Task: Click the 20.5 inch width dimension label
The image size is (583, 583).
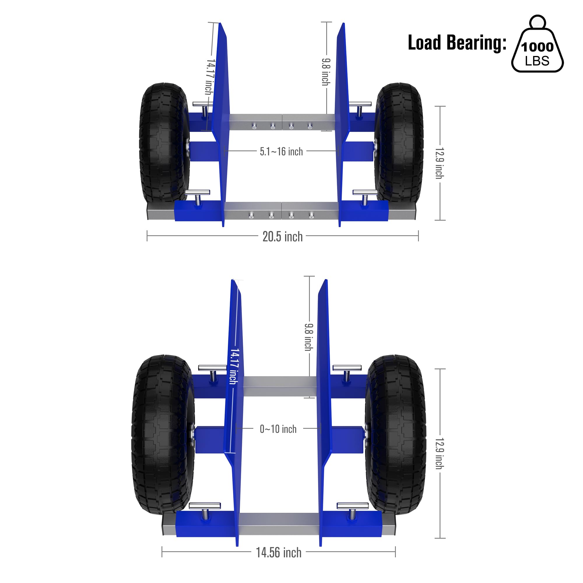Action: click(282, 237)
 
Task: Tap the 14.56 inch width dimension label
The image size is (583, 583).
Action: click(278, 552)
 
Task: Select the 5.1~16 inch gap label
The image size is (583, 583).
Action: click(281, 152)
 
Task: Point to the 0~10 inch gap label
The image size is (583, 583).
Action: click(278, 429)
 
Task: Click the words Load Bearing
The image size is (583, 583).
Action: click(457, 43)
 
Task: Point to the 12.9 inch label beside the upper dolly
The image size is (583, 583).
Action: click(440, 163)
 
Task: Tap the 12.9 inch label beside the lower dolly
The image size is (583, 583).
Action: click(440, 454)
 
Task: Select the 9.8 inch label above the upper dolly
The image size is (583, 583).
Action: click(326, 72)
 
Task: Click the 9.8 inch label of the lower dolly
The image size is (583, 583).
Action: click(309, 337)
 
